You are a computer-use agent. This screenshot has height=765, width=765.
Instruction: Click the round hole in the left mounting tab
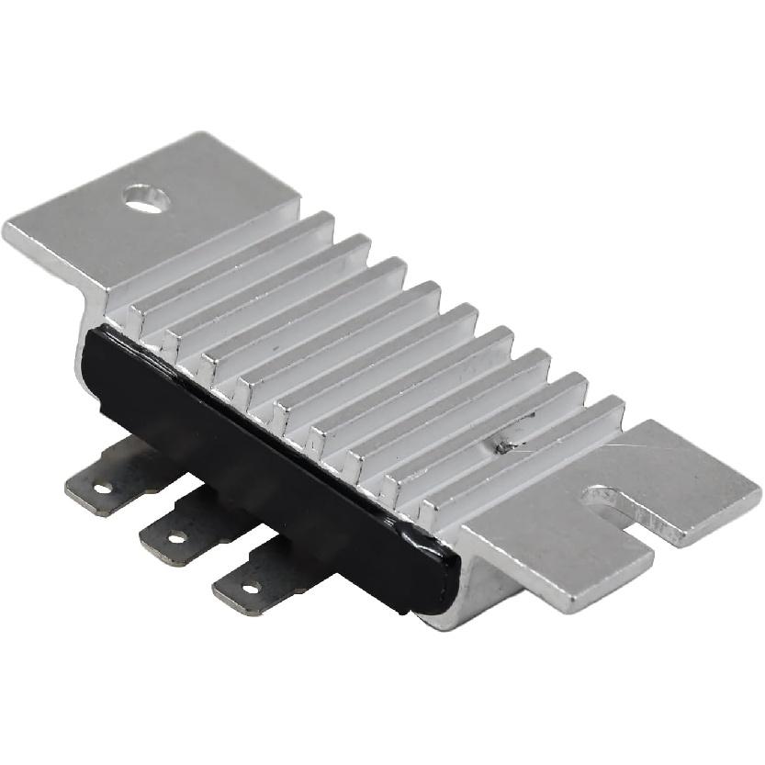coord(147,197)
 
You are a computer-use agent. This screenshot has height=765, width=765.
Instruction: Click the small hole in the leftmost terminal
coord(100,488)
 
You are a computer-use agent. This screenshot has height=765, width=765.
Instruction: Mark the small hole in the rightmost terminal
coord(250,586)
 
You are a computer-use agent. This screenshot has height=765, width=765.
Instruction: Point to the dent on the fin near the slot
coord(503,447)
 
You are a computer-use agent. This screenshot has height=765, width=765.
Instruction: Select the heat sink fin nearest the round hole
coord(230,266)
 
